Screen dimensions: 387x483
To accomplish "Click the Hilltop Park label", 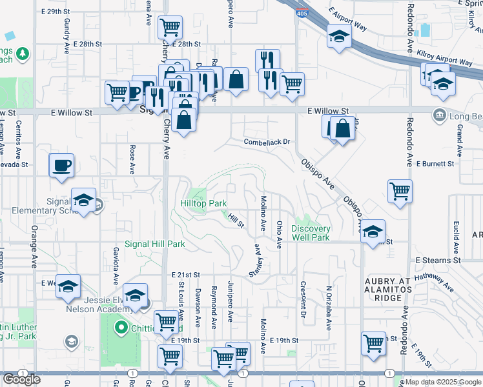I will coord(203,203).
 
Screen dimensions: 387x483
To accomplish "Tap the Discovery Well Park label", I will coord(311,233).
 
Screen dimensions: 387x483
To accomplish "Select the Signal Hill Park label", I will coord(155,244).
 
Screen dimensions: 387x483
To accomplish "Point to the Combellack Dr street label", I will coord(268,142).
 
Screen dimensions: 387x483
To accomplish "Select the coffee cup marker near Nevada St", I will coord(61,164).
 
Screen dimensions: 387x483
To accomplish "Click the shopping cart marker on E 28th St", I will coord(170,28).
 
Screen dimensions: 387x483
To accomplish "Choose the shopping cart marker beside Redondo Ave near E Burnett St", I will coord(400,190).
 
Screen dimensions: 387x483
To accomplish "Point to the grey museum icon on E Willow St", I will coord(440,114).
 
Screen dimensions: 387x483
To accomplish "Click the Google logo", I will coord(21,379).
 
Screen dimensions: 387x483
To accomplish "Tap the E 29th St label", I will coord(54,12).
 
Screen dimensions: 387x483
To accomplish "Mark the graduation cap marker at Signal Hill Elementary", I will coord(83,201).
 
